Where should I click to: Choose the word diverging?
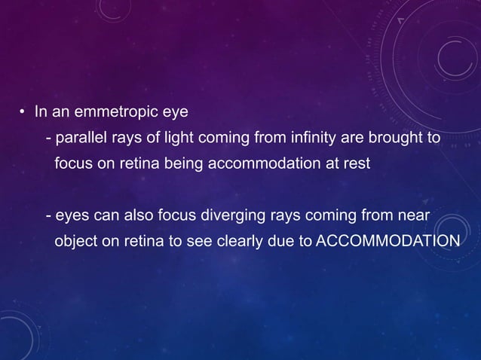pos(232,216)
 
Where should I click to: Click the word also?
pos(136,216)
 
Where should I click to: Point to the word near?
pos(414,216)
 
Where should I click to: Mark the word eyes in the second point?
pos(70,216)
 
